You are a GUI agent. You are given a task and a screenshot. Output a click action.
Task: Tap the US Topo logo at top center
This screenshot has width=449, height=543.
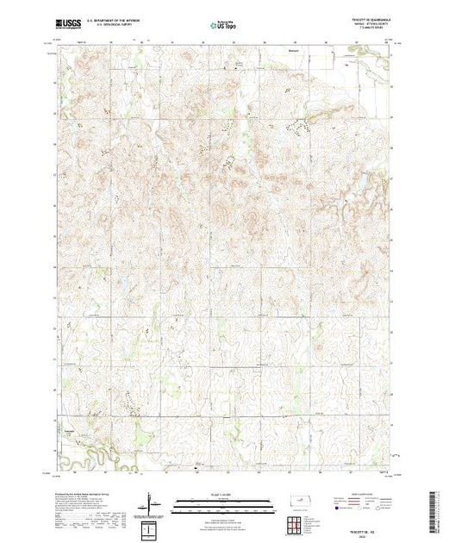click(223, 25)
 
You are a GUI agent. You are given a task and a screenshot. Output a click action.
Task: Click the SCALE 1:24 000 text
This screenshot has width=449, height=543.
click(223, 493)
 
